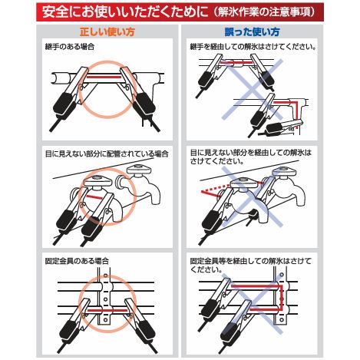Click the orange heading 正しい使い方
point(107,32)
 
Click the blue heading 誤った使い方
point(252,32)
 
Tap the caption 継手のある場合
point(70,47)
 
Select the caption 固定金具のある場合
point(77,261)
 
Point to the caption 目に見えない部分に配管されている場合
point(107,154)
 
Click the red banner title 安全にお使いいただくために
point(125,12)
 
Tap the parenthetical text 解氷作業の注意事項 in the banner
point(264,12)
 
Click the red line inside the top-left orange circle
point(104,77)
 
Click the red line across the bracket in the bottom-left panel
point(107,310)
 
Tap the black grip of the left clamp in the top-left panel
point(64,104)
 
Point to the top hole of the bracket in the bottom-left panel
point(105,276)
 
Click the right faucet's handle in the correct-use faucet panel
point(140,170)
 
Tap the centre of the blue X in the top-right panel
point(253,89)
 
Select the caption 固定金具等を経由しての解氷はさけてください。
point(251,265)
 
